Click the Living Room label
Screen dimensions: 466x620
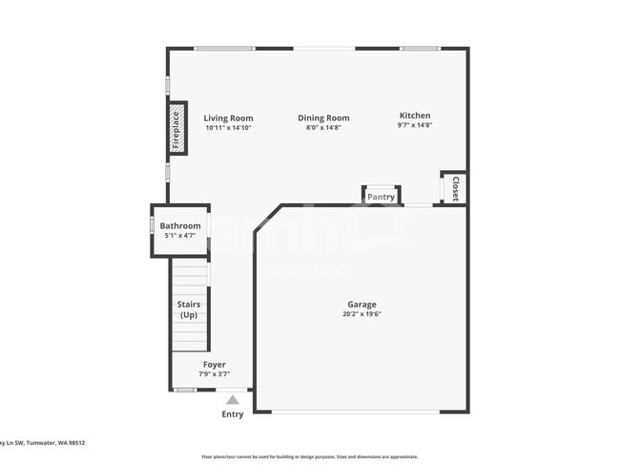tap(229, 118)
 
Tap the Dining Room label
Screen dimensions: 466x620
tap(327, 118)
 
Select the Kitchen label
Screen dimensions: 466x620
tap(415, 116)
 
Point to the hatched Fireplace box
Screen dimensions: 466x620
tap(176, 129)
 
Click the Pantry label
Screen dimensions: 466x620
tap(382, 197)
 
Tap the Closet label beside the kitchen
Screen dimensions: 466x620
tap(455, 188)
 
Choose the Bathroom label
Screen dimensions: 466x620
tap(180, 225)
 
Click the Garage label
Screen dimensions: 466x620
tap(362, 305)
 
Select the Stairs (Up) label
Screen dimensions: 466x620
tap(189, 309)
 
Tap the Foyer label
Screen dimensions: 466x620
tap(214, 365)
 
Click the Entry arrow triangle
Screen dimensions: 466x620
tap(233, 400)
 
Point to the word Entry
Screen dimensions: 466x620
tap(233, 414)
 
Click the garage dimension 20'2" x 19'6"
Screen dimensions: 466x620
tap(362, 314)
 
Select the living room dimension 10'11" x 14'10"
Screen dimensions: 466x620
tap(229, 128)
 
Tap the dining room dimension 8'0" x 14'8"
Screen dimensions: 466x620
tap(324, 128)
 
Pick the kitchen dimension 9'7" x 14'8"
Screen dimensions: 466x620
tap(415, 125)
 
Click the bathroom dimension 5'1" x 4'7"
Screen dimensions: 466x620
tap(180, 235)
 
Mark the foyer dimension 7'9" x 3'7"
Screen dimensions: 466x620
tap(214, 374)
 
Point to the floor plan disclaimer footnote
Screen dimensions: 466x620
tap(309, 456)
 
